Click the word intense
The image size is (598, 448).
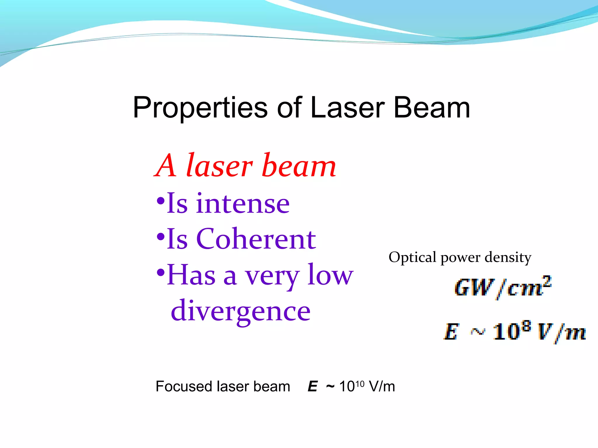(242, 204)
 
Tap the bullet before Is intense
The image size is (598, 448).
(161, 201)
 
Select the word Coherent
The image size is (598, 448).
(256, 239)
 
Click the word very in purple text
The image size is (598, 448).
(272, 276)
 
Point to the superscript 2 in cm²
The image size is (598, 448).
(547, 281)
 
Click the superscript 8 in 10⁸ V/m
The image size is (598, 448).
(526, 326)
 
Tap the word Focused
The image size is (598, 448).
(184, 386)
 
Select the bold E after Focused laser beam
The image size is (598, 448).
(312, 387)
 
